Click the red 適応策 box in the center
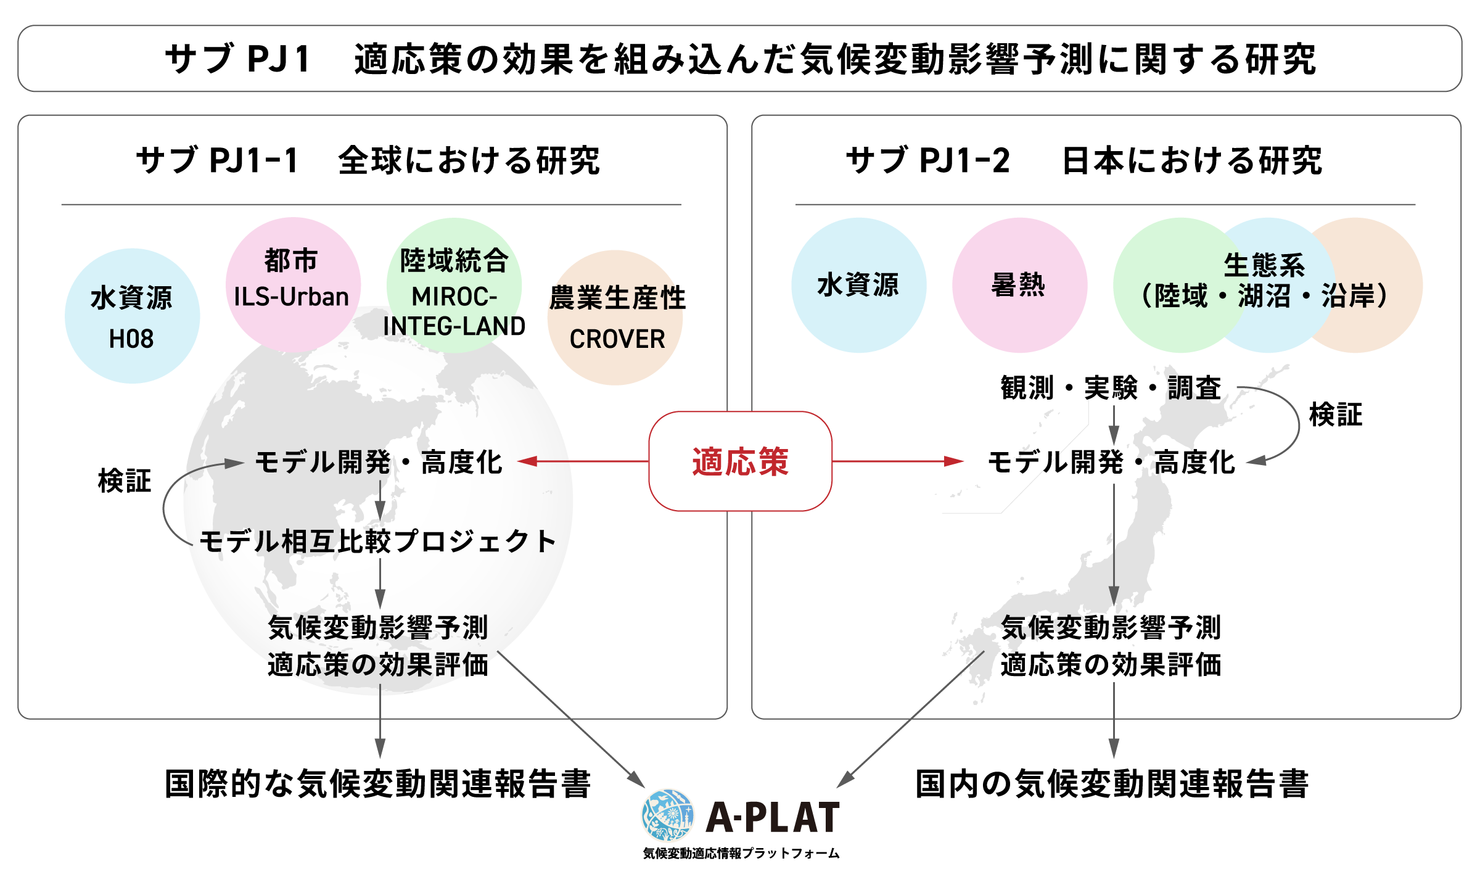point(740,461)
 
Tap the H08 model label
point(131,339)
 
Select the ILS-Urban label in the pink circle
point(291,297)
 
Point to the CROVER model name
point(617,339)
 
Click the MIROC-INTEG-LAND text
point(454,311)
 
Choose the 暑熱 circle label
point(1019,285)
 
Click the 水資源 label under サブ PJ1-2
point(858,285)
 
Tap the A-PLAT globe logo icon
point(667,815)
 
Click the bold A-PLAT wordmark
point(773,817)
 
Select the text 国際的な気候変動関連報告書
point(378,784)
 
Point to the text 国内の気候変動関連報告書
point(1112,784)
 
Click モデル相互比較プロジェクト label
point(378,542)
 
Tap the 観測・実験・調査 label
point(1111,388)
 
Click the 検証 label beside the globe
point(125,480)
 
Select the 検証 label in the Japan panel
point(1336,414)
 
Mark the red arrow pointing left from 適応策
point(583,461)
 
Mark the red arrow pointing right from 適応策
point(897,461)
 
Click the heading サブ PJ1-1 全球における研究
point(368,160)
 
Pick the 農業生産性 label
point(617,298)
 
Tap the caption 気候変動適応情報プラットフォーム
point(741,853)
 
